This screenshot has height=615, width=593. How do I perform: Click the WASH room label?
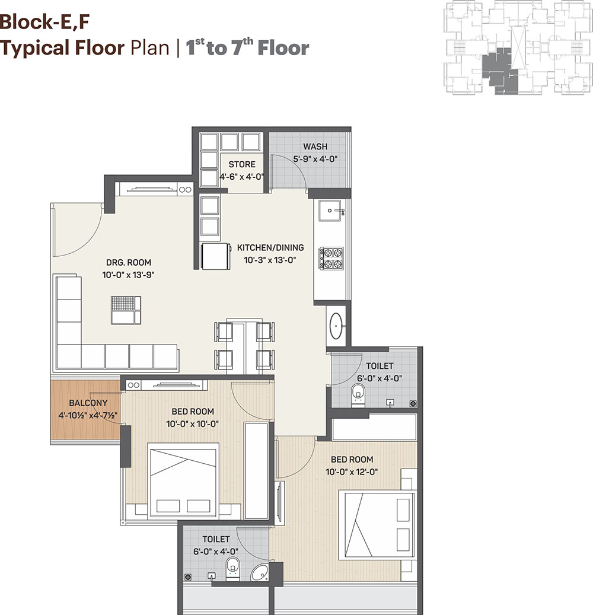315,146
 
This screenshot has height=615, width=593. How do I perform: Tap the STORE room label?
242,164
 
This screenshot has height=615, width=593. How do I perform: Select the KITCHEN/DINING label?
270,247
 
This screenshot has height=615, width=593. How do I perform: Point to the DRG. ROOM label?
129,262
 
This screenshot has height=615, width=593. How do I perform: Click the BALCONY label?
88,403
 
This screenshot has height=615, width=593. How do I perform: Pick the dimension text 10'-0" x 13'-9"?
128,275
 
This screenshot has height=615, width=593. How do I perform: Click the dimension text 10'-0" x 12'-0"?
352,472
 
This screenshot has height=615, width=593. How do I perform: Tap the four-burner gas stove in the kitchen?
331,259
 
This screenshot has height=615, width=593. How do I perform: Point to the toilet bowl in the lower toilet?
232,568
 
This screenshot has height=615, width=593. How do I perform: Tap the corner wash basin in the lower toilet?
259,572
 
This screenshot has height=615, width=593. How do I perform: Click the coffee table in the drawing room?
126,310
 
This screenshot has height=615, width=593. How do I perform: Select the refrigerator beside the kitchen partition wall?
216,257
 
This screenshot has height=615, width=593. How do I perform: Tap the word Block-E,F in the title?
44,22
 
